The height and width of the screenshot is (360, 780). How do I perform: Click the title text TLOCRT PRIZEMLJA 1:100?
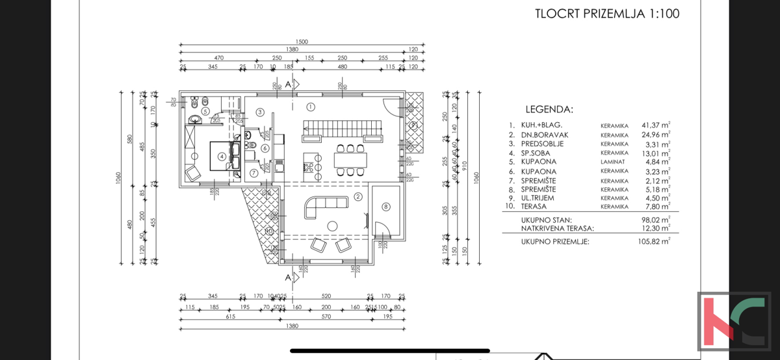(607, 14)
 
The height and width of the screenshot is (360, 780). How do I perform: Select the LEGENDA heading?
(549, 109)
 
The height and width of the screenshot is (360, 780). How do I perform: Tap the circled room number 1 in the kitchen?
(310, 107)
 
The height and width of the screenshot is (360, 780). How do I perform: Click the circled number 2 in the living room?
(357, 197)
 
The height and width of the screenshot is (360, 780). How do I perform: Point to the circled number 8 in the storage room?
(385, 207)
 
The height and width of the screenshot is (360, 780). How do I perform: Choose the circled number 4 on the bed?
(222, 156)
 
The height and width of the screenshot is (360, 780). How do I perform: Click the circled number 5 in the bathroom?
(205, 111)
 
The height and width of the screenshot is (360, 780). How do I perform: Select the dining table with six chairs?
(350, 160)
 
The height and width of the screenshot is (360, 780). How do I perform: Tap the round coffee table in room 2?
(332, 226)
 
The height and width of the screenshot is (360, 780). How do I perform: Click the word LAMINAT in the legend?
(614, 162)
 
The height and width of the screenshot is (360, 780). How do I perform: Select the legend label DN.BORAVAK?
(541, 135)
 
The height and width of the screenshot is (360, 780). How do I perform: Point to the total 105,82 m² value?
(655, 241)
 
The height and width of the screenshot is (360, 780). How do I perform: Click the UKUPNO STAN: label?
(546, 220)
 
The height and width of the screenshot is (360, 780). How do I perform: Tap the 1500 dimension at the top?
(300, 42)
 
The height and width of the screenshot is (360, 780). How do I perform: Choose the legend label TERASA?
(536, 206)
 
